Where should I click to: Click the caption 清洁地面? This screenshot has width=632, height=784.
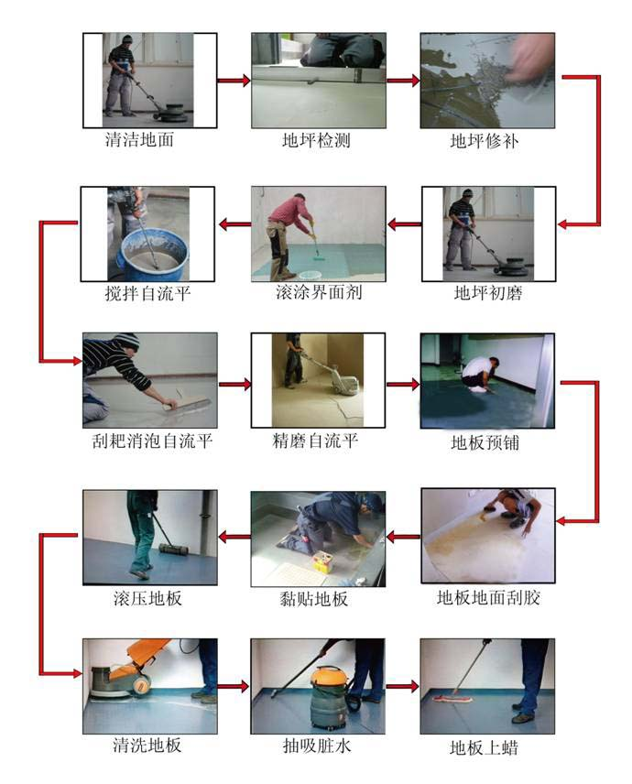coord(139,141)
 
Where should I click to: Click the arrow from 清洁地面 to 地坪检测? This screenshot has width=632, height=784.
coord(234,81)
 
